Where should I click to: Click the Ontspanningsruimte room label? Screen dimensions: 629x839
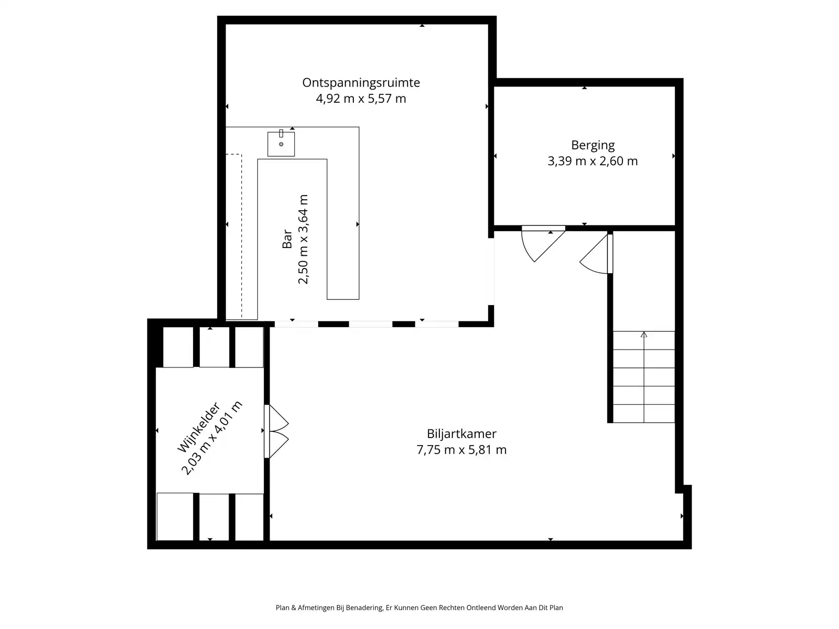(x=361, y=83)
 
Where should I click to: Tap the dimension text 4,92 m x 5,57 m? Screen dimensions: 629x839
(x=361, y=99)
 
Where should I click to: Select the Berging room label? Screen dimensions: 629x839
(x=593, y=145)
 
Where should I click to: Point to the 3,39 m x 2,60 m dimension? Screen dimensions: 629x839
(x=593, y=161)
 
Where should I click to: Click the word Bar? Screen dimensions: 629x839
(x=287, y=239)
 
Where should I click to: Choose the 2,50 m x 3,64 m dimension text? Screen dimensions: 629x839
(x=303, y=239)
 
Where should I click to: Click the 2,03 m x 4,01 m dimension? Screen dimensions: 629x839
(x=212, y=438)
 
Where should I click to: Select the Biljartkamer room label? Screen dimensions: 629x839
(x=461, y=434)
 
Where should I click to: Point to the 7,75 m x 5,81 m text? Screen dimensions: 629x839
(x=461, y=450)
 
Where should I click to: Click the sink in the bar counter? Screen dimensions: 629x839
(x=281, y=144)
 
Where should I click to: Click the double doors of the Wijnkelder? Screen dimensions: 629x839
(x=277, y=431)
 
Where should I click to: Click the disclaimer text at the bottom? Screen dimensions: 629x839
(x=419, y=608)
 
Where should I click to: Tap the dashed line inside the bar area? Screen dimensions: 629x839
(x=241, y=236)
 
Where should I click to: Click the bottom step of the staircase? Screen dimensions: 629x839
(x=644, y=414)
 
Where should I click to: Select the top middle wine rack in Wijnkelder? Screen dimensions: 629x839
(x=214, y=347)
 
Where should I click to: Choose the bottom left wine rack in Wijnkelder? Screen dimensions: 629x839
(x=175, y=517)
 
